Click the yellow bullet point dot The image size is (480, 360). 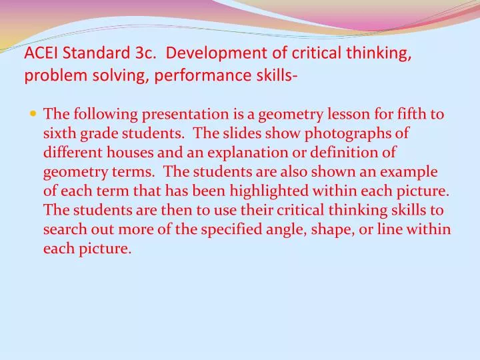coord(34,114)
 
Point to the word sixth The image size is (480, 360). coord(58,133)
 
